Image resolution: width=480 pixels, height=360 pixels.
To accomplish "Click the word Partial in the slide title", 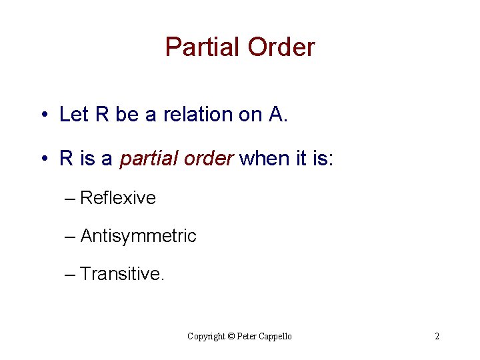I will click(203, 47).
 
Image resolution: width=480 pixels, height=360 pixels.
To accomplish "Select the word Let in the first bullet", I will click(74, 115).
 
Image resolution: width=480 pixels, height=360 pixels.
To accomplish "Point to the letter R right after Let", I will click(102, 115).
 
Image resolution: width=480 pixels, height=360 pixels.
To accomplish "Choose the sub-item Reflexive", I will click(118, 198).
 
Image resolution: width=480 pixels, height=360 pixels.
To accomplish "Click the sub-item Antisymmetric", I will click(138, 236).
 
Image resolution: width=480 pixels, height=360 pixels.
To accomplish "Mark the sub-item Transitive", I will click(121, 273).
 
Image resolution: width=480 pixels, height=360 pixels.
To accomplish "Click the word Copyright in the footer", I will click(207, 336).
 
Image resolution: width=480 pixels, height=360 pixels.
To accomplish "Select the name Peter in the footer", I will click(249, 336).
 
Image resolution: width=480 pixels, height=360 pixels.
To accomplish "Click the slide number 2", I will click(437, 336).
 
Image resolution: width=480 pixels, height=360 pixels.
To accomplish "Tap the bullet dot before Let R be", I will click(42, 115).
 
